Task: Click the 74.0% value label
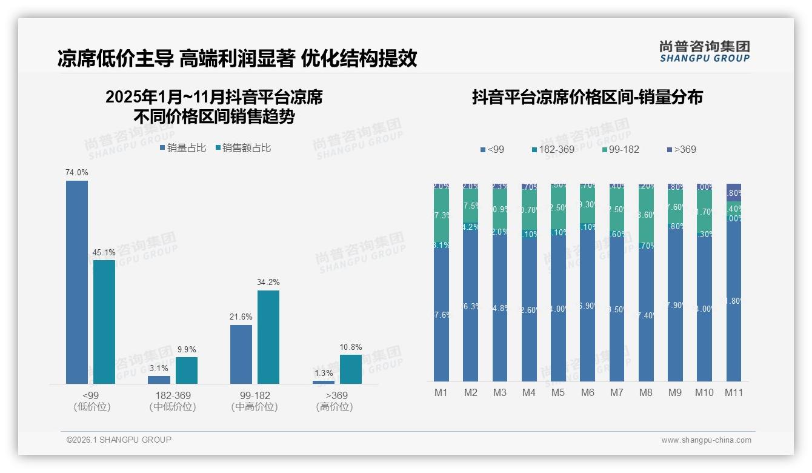pyautogui.click(x=77, y=173)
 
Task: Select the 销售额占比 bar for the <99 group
pyautogui.click(x=104, y=321)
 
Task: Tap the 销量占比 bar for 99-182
pyautogui.click(x=241, y=354)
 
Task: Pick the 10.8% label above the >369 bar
pyautogui.click(x=351, y=347)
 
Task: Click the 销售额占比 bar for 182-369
pyautogui.click(x=187, y=370)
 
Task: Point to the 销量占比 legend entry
pyautogui.click(x=183, y=148)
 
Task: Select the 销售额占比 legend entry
pyautogui.click(x=242, y=148)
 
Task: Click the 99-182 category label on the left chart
pyautogui.click(x=255, y=395)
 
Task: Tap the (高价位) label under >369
pyautogui.click(x=334, y=407)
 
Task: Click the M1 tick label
pyautogui.click(x=441, y=393)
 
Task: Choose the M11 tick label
pyautogui.click(x=734, y=393)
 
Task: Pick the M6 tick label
pyautogui.click(x=587, y=393)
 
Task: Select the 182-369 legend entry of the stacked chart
pyautogui.click(x=553, y=149)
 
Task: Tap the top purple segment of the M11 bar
pyautogui.click(x=734, y=192)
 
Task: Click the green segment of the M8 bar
pyautogui.click(x=646, y=214)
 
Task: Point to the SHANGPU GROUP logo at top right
pyautogui.click(x=705, y=51)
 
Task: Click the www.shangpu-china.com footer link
pyautogui.click(x=706, y=440)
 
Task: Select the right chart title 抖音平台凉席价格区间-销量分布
pyautogui.click(x=587, y=98)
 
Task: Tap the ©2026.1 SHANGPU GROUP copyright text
pyautogui.click(x=119, y=440)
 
